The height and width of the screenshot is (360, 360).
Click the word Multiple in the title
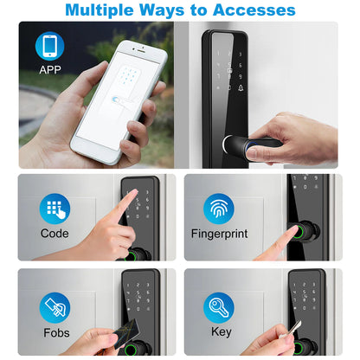[x=100, y=10]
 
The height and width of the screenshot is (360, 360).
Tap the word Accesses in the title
[x=254, y=10]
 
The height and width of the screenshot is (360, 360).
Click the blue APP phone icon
[x=49, y=46]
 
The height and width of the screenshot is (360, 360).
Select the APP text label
[x=50, y=70]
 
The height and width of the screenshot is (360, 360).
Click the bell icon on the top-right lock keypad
[x=241, y=87]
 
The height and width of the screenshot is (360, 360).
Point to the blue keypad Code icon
[x=55, y=209]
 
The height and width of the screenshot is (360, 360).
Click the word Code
[x=55, y=234]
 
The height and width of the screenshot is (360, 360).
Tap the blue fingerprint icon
[x=219, y=209]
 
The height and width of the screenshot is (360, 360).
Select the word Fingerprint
[x=219, y=234]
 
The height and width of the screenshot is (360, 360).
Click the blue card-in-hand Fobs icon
[x=55, y=308]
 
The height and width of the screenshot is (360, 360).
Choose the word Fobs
[x=56, y=333]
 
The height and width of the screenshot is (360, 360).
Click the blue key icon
[x=219, y=308]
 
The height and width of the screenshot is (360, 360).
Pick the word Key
[x=222, y=332]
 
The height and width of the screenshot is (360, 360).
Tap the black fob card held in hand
[x=127, y=333]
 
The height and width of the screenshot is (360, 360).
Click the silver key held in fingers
[x=292, y=330]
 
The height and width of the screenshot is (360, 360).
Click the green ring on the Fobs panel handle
[x=131, y=350]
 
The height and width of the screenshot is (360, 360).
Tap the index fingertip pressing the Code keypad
[x=132, y=193]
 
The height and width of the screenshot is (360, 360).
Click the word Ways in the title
[x=162, y=10]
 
